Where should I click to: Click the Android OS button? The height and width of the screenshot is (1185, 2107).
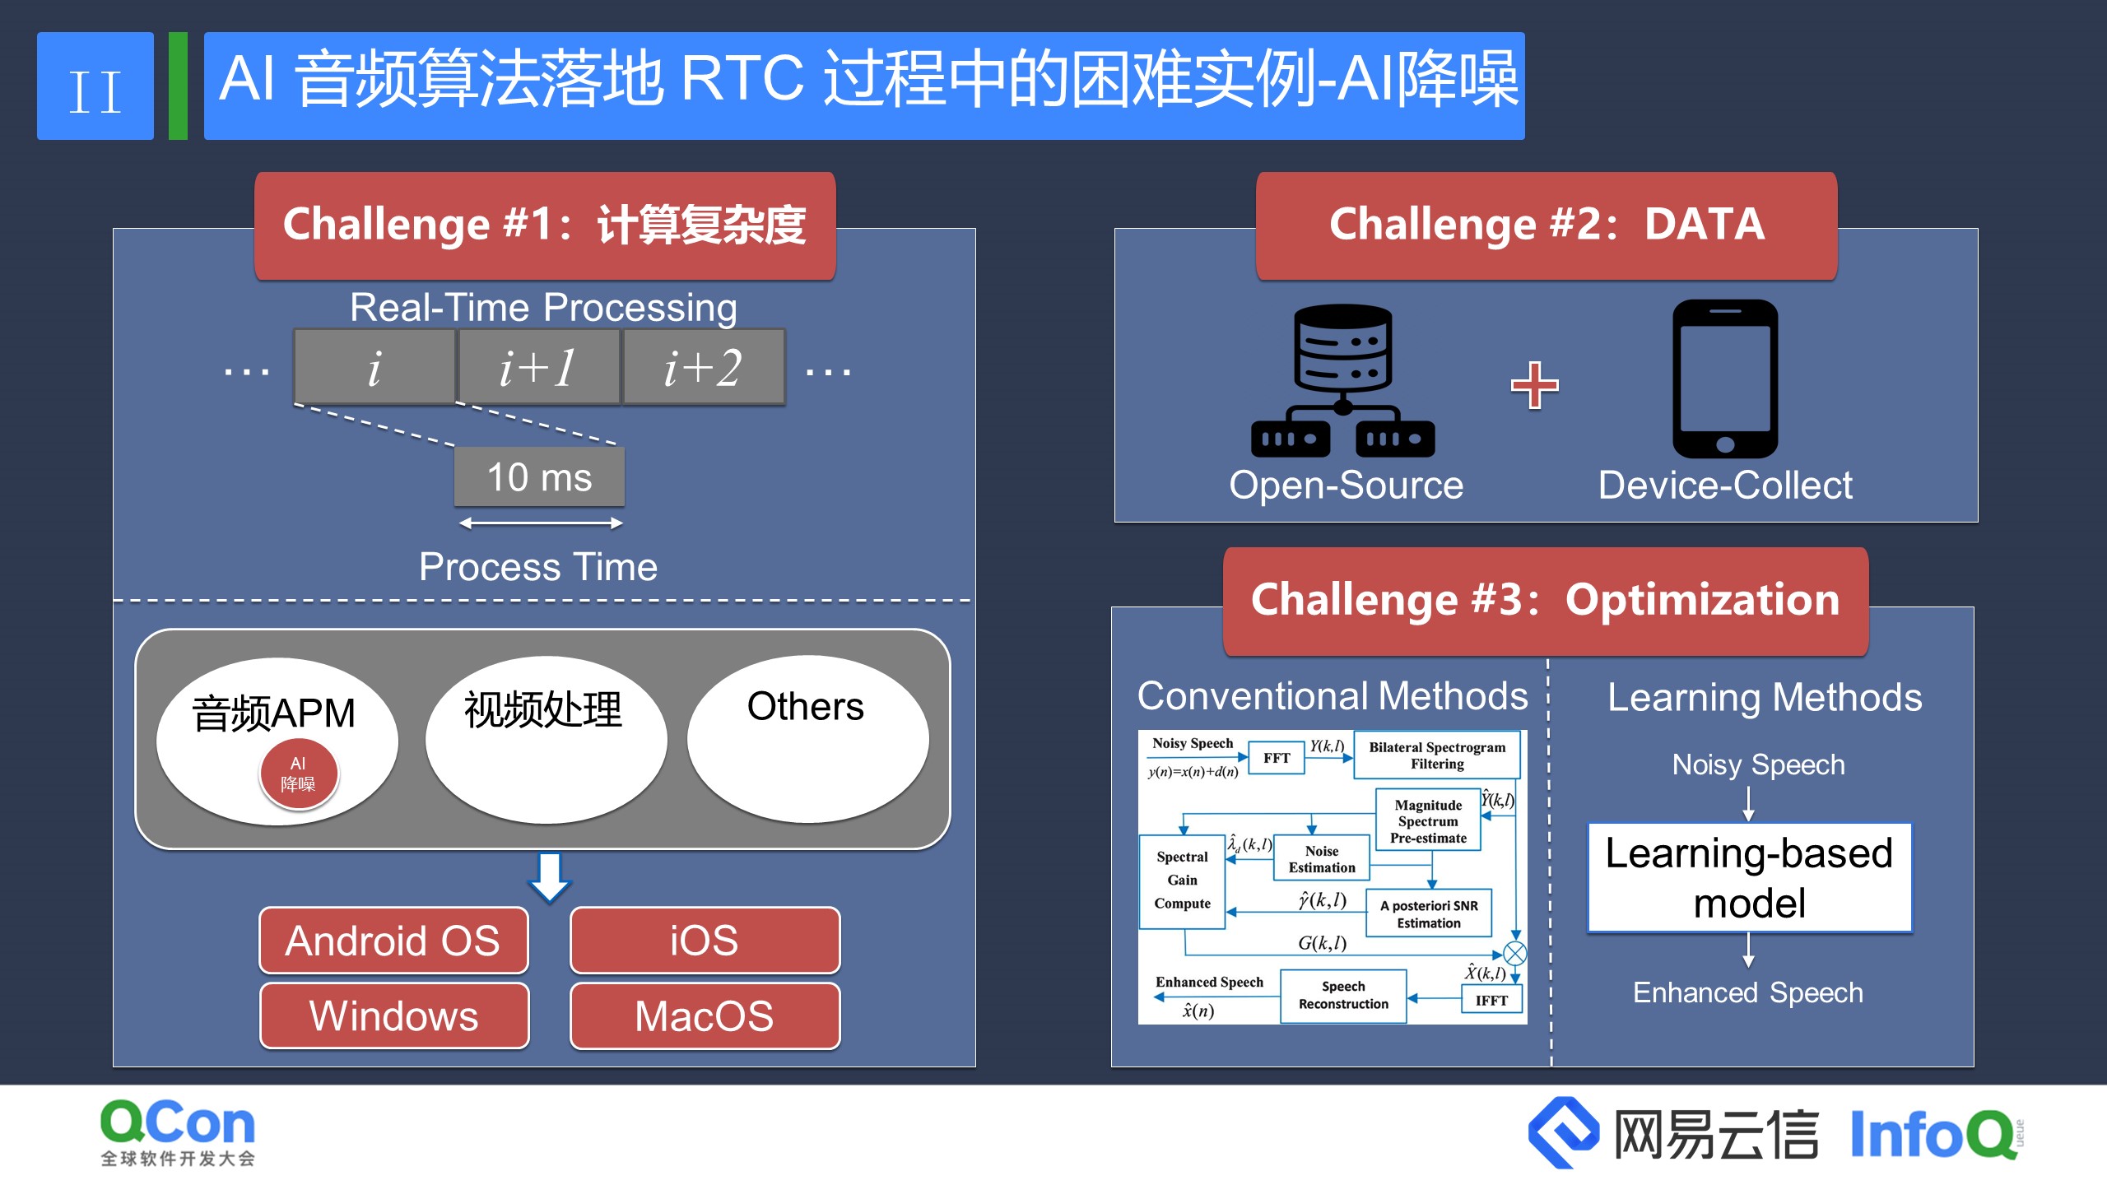pos(393,941)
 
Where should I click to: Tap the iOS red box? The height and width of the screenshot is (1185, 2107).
pos(705,941)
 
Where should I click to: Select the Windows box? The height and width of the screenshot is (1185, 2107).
pos(393,1015)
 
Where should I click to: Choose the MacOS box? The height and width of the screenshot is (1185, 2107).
pos(705,1015)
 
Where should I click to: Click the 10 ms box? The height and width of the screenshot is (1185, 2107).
pos(539,477)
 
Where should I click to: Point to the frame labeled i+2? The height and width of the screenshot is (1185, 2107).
pos(704,367)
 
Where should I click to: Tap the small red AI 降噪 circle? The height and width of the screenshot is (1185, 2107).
pos(298,774)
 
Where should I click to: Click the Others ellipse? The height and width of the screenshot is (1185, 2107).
pos(807,739)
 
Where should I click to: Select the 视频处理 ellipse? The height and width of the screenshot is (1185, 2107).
pos(546,739)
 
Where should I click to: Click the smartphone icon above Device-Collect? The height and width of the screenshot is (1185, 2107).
pos(1725,379)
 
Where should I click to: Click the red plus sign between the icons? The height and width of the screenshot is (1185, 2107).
pos(1534,384)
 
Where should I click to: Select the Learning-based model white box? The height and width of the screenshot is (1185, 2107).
pos(1749,878)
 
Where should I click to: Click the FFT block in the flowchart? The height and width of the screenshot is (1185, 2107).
pos(1277,758)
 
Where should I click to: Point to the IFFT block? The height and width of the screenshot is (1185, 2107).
pos(1491,1001)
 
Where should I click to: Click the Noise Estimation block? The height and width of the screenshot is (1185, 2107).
pos(1321,859)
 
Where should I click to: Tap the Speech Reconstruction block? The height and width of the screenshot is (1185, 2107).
pos(1343,996)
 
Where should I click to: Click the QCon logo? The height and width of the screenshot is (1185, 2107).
pos(178,1132)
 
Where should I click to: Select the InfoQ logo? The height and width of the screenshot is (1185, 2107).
pos(1934,1134)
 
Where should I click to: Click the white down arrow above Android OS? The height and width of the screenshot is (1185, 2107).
pos(549,877)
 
